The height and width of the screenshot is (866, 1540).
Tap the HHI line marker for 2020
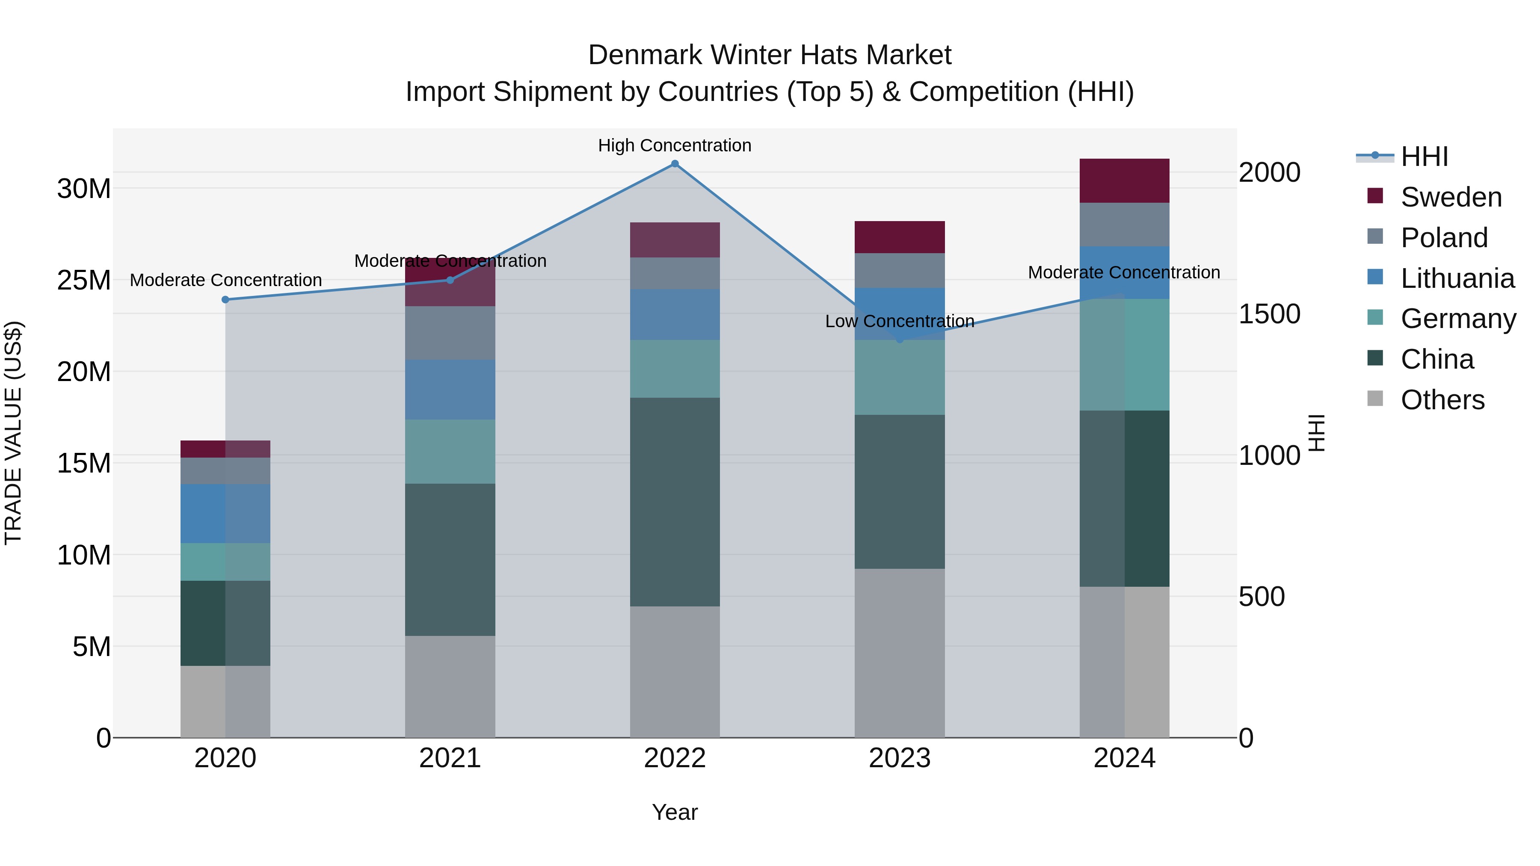(x=225, y=299)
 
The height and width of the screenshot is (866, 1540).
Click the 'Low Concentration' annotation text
(x=899, y=321)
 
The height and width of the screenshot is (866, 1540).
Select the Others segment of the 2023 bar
(x=899, y=653)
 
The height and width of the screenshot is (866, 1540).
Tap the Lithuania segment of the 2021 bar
(x=450, y=390)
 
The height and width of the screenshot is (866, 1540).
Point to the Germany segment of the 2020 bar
(x=225, y=562)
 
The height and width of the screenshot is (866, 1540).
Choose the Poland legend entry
(x=1444, y=238)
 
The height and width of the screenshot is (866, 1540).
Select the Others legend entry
(x=1442, y=400)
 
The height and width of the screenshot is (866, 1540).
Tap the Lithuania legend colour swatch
(x=1375, y=277)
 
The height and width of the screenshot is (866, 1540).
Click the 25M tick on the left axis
(x=84, y=280)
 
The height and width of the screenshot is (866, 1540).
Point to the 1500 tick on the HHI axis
(x=1269, y=314)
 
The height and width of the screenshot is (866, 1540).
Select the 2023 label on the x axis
(x=899, y=758)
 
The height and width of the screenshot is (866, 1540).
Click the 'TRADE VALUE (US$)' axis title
(x=13, y=433)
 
